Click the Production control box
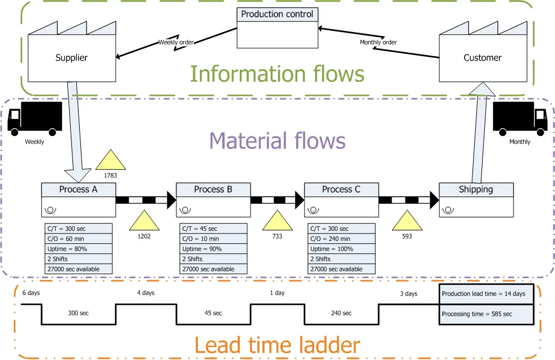point(277,28)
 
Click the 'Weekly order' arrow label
point(176,42)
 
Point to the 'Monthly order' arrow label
point(378,42)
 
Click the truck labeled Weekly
point(34,119)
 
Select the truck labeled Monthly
point(520,119)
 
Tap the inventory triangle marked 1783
point(110,161)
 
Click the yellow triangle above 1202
point(144,221)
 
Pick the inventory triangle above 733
point(277,221)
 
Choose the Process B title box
point(213,190)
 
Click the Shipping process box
point(476,200)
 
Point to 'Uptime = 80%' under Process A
point(79,249)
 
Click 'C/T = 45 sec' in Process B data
point(213,229)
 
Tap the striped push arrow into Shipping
point(408,199)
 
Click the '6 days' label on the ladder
point(31,293)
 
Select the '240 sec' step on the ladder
point(341,313)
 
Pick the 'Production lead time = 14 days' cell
point(485,294)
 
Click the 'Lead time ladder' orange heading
point(277,345)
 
